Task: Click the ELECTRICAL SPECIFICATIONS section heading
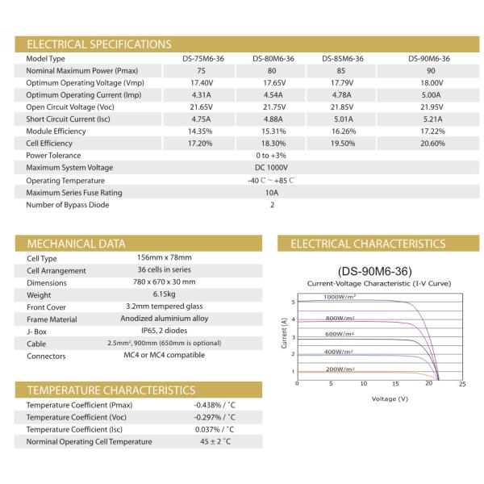tap(98, 44)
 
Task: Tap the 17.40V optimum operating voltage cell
tap(201, 83)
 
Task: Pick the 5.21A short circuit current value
tap(429, 119)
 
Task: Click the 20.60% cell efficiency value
tap(429, 144)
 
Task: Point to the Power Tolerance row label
tap(53, 156)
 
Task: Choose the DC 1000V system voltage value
tap(272, 168)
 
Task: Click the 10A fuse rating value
tap(272, 192)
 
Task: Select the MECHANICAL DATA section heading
tap(77, 243)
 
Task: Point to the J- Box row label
tap(40, 331)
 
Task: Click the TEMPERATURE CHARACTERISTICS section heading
tap(111, 390)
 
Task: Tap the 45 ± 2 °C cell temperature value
tap(213, 441)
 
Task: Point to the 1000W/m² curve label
tap(341, 298)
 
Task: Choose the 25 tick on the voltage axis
tap(461, 384)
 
